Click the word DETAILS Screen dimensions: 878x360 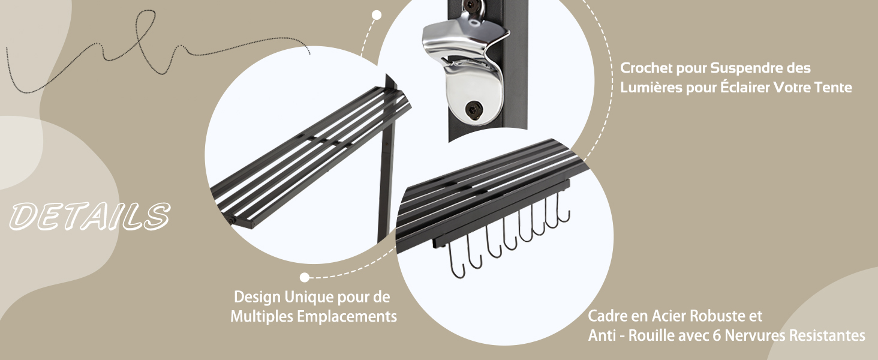[90, 216]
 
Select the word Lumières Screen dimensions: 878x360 [651, 87]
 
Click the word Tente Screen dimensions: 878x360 [833, 87]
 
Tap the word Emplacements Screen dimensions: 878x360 [347, 316]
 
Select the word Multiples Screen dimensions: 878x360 [262, 316]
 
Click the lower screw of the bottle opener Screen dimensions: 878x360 [474, 109]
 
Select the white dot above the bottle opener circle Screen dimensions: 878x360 [377, 15]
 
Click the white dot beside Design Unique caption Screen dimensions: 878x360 [305, 278]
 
